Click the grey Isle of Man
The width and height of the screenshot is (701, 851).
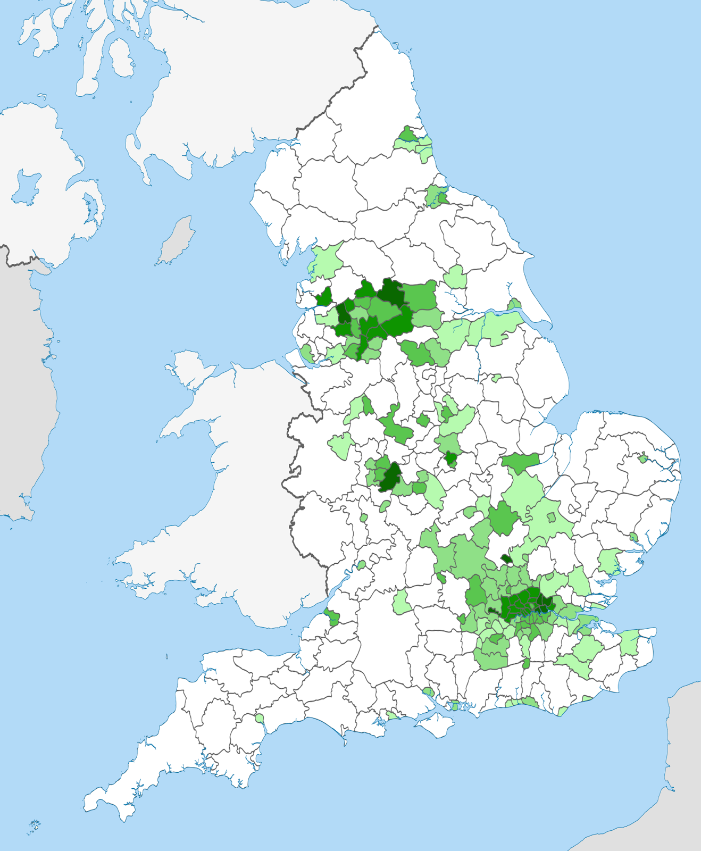(176, 240)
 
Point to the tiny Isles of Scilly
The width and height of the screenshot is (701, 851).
(34, 826)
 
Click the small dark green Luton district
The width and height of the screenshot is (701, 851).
(506, 559)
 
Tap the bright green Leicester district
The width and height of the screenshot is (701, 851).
(452, 458)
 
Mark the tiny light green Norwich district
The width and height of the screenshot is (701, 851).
(642, 457)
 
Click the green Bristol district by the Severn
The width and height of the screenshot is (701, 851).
(332, 618)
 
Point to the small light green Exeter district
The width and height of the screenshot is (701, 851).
(260, 718)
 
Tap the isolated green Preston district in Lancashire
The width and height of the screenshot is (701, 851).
(324, 297)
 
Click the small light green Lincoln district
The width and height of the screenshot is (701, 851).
(496, 378)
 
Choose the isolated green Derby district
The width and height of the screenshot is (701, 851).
(423, 420)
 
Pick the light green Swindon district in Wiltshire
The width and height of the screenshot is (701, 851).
(402, 601)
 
